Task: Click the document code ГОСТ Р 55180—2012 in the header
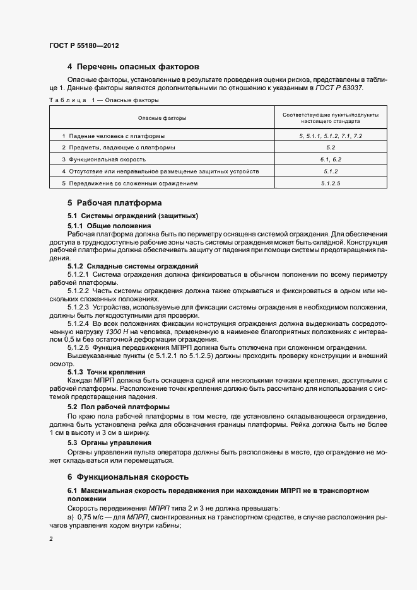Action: tap(83, 46)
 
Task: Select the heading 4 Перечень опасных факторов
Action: tap(133, 66)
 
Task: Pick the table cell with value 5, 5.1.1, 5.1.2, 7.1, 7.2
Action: tap(331, 136)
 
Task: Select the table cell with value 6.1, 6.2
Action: tap(331, 159)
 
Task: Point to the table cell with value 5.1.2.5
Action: tap(331, 183)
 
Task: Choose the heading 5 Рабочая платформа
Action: tap(114, 203)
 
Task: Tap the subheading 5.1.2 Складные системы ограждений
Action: tap(132, 267)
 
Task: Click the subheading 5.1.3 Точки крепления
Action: tap(107, 372)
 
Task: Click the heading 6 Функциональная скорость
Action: tap(128, 477)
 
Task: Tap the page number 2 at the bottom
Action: tap(50, 540)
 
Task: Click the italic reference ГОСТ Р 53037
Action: tap(341, 88)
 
